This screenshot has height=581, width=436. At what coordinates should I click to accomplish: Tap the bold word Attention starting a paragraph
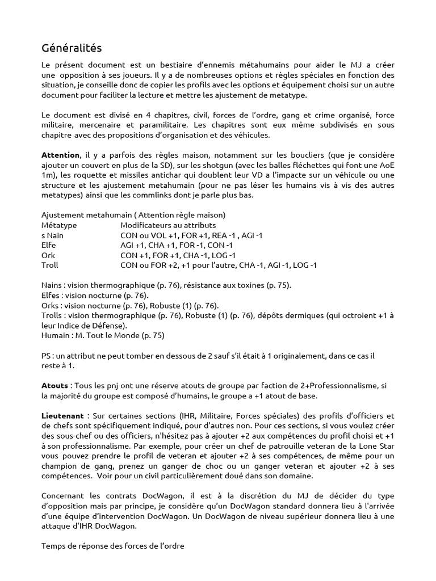coord(60,155)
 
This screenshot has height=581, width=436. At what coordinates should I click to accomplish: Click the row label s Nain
coord(53,235)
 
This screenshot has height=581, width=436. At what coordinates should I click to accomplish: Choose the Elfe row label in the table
coord(49,245)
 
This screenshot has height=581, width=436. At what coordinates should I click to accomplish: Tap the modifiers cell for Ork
coord(178,255)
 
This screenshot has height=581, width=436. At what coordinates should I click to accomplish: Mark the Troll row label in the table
coord(50,264)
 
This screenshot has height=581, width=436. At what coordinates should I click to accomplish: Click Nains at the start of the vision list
coord(52,285)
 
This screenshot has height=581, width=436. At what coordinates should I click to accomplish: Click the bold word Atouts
coord(55,385)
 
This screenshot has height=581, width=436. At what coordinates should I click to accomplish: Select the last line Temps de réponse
coord(113,546)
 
